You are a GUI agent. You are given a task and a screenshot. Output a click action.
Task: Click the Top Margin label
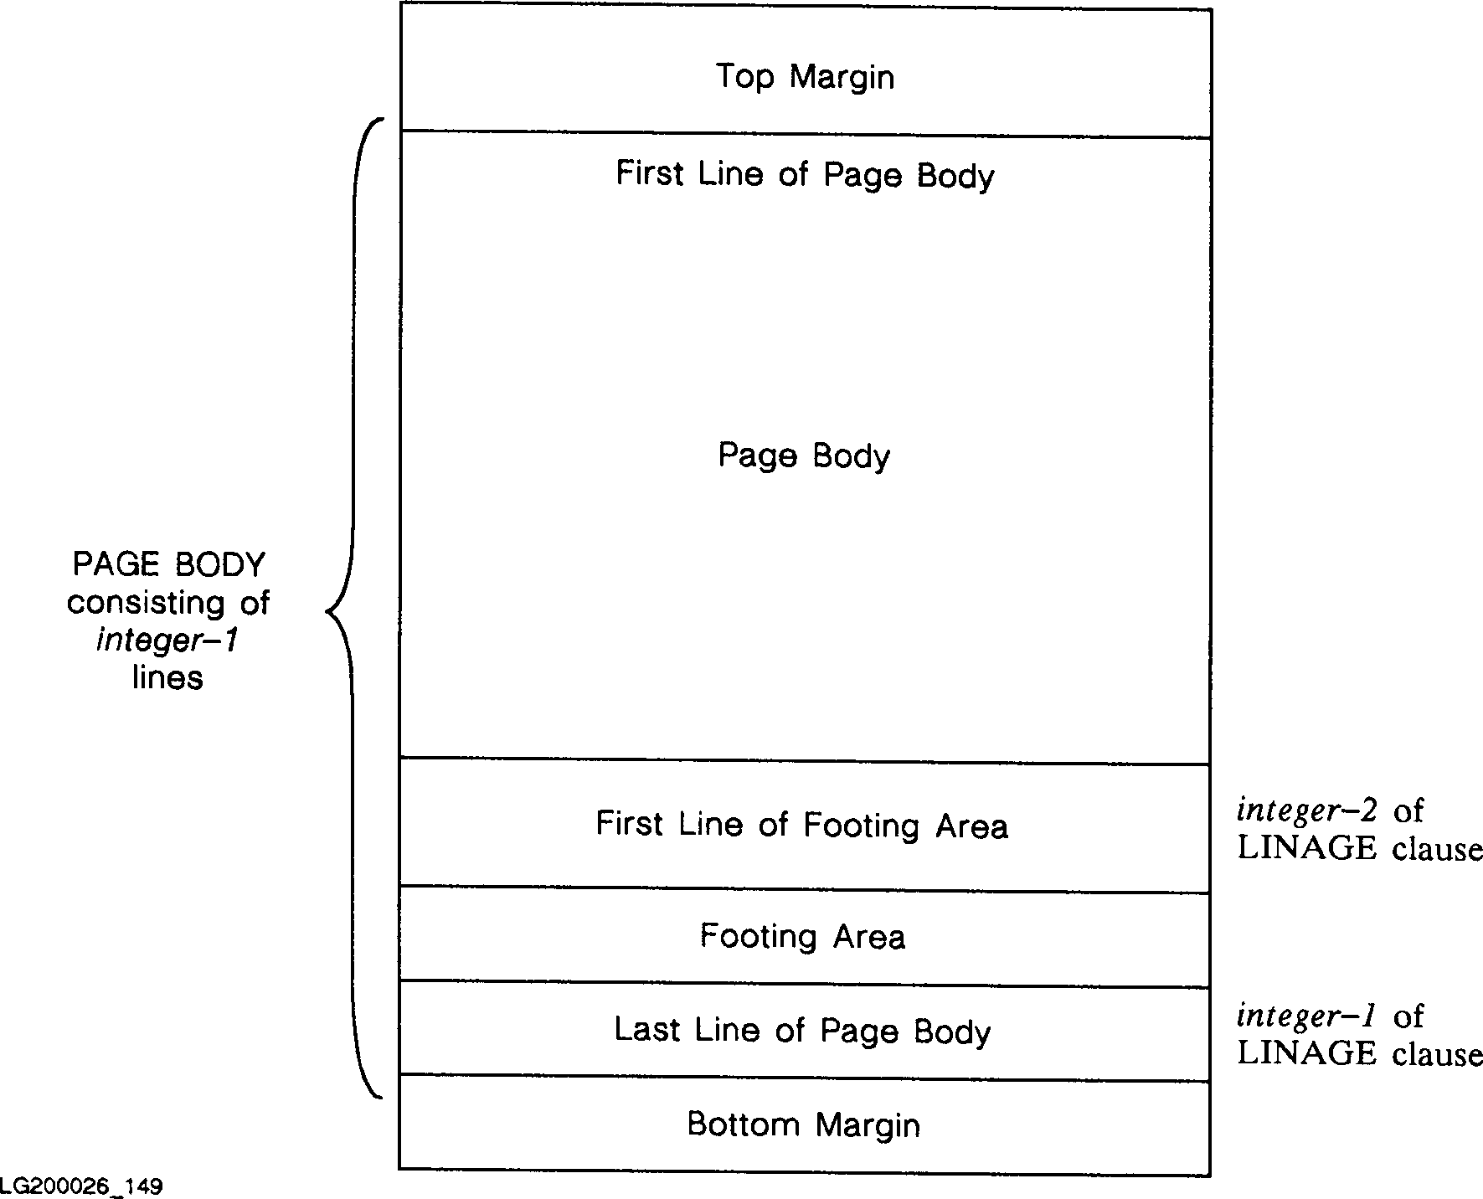click(805, 77)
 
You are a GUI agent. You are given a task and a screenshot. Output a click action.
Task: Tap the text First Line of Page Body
click(805, 175)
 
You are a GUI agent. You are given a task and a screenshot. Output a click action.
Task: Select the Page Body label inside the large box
click(804, 456)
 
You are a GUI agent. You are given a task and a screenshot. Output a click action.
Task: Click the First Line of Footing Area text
click(801, 826)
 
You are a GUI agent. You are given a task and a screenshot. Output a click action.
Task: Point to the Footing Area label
click(802, 936)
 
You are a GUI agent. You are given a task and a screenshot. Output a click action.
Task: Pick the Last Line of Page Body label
click(802, 1031)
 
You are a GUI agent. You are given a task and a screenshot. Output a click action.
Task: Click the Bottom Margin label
click(803, 1124)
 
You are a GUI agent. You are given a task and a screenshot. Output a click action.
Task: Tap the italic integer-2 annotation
click(1307, 810)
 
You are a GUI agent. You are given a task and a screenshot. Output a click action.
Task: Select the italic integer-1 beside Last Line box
click(1307, 1016)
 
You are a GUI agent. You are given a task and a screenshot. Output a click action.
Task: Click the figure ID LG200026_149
click(81, 1186)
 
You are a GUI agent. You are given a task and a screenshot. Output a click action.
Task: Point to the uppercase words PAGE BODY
click(168, 565)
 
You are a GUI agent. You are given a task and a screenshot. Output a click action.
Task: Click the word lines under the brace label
click(167, 677)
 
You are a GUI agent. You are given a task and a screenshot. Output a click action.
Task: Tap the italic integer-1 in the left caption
click(167, 641)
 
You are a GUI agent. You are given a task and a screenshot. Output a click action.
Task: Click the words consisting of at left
click(168, 603)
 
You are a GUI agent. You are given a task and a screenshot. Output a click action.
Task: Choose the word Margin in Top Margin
click(842, 77)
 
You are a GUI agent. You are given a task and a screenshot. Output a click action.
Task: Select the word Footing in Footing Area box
click(758, 936)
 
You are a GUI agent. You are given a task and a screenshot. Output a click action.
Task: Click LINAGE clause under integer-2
click(1359, 848)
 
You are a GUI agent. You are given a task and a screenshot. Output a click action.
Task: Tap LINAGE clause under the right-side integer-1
click(1359, 1053)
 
